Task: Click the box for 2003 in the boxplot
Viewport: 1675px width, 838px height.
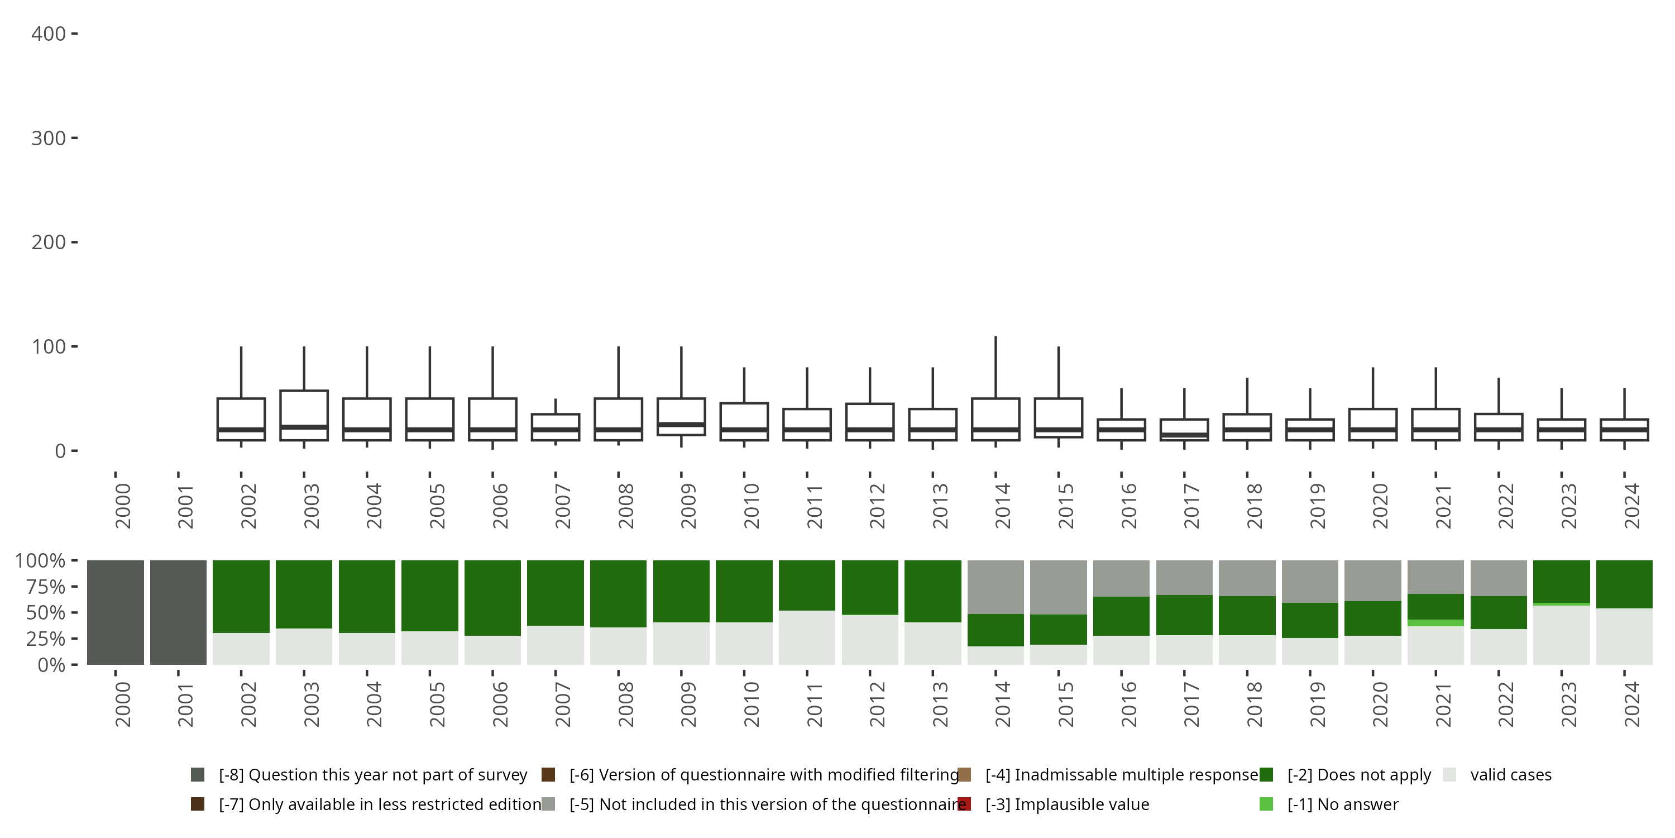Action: pos(304,415)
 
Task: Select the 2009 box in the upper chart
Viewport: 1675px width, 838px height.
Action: pos(681,416)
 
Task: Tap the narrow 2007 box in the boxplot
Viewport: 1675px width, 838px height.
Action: pos(556,427)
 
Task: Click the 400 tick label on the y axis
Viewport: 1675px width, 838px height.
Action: pos(48,34)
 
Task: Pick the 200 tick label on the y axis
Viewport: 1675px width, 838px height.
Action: pos(48,242)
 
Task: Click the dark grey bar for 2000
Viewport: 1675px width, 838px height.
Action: pos(116,612)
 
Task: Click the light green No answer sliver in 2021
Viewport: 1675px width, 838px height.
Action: pos(1435,623)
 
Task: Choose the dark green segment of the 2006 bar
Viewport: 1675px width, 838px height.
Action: pos(492,597)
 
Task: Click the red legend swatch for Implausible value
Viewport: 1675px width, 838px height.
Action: pos(964,804)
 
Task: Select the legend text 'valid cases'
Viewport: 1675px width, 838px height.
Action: pos(1510,775)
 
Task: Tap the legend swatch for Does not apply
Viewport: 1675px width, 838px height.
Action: pos(1266,775)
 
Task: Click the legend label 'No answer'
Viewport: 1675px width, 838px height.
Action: pos(1342,804)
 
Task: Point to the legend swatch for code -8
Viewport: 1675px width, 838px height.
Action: pos(198,775)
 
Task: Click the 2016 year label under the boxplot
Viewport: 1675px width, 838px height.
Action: pos(1128,506)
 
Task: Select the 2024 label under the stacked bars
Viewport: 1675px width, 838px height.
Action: pos(1631,704)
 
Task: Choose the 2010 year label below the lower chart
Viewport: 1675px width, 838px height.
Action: pos(751,704)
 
